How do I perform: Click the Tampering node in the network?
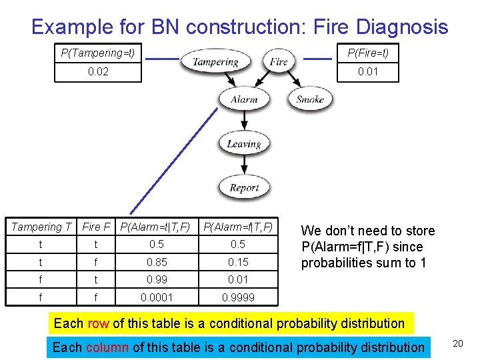coord(215,62)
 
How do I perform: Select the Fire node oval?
coord(279,62)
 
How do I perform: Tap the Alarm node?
coord(244,100)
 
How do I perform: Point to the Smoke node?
coord(309,100)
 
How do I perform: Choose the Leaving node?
coord(243,143)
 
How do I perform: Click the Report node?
coord(243,187)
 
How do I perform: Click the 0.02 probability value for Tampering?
coord(98,71)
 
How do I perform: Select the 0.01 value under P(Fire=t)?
coord(368,71)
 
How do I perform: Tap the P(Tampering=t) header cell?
coord(98,53)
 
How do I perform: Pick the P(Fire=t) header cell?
coord(368,53)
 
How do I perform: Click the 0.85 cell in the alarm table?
coord(157,262)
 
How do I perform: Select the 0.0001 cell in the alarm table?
coord(157,297)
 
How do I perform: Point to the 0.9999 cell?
coord(238,297)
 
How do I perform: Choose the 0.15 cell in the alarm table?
coord(238,262)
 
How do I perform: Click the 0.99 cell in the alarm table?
coord(157,279)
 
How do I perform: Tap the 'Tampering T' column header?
coord(41,227)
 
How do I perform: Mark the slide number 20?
coord(457,343)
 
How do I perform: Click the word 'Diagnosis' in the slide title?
coord(402,27)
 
